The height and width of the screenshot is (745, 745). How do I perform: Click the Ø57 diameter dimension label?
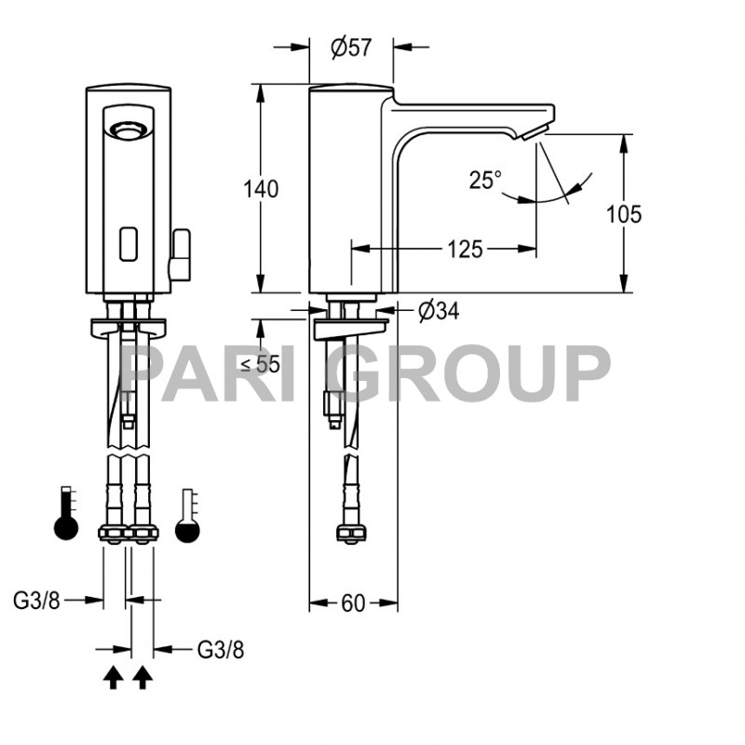[351, 47]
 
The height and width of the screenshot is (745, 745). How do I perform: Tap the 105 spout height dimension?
[624, 214]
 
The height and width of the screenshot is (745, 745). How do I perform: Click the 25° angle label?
[485, 180]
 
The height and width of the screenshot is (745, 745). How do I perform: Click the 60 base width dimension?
[353, 603]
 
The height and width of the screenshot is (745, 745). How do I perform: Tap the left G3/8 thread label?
[36, 601]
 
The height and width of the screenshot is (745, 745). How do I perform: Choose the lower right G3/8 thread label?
[222, 648]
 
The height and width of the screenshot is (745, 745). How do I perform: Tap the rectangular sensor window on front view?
[129, 243]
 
